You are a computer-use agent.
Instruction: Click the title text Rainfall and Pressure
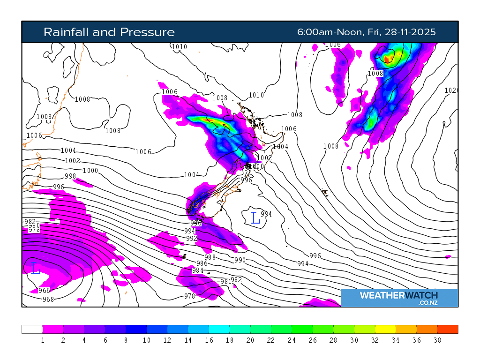pos(109,32)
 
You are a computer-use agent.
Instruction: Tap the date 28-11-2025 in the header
pos(410,32)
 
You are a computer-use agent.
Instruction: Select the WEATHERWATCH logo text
pos(399,295)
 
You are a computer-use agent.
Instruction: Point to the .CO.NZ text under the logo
pos(428,303)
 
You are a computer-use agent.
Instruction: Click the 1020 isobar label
pos(450,90)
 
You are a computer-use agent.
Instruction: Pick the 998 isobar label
pos(70,176)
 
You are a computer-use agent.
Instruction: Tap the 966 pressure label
pos(44,291)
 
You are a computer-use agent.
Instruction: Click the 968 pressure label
pos(48,300)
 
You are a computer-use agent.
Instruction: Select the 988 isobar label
pos(210,257)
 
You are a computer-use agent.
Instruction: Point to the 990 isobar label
pos(240,260)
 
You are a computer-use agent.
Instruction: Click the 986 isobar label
pos(202,263)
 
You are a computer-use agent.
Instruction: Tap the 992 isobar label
pos(192,239)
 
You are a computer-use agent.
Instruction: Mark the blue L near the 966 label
pos(36,269)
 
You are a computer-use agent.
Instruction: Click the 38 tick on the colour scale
pos(437,340)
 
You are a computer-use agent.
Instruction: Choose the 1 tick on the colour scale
pos(43,340)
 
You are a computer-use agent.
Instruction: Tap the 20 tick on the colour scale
pos(250,340)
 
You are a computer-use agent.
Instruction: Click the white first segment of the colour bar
pos(32,329)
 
